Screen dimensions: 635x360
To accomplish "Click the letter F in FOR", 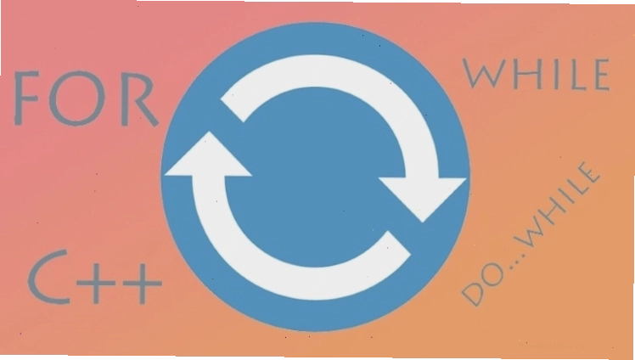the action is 26,98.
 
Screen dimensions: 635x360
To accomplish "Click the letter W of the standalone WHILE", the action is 486,73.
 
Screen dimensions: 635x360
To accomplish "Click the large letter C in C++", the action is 48,277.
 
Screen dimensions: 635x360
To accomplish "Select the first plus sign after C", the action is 96,282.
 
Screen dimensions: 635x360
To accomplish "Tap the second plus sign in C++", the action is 142,282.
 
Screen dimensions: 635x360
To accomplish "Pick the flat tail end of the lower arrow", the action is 398,244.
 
